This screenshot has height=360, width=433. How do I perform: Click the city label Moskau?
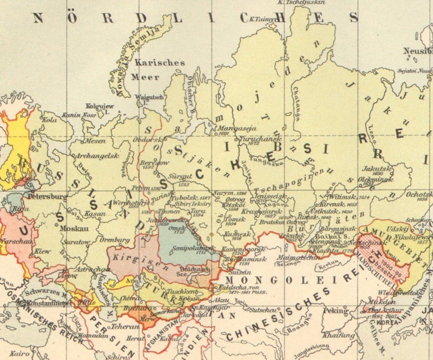(74, 229)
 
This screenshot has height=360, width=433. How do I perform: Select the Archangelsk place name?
(96, 156)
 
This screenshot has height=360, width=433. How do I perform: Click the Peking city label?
(335, 311)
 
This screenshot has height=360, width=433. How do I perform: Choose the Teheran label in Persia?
(125, 326)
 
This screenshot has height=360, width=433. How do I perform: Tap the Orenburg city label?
(114, 240)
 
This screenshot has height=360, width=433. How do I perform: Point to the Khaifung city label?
(339, 335)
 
